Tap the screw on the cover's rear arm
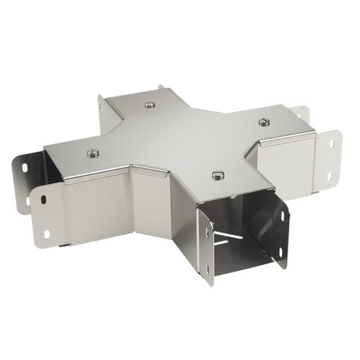(x=150, y=105)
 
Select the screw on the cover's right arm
(x=264, y=122)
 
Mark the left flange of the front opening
(x=205, y=246)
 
